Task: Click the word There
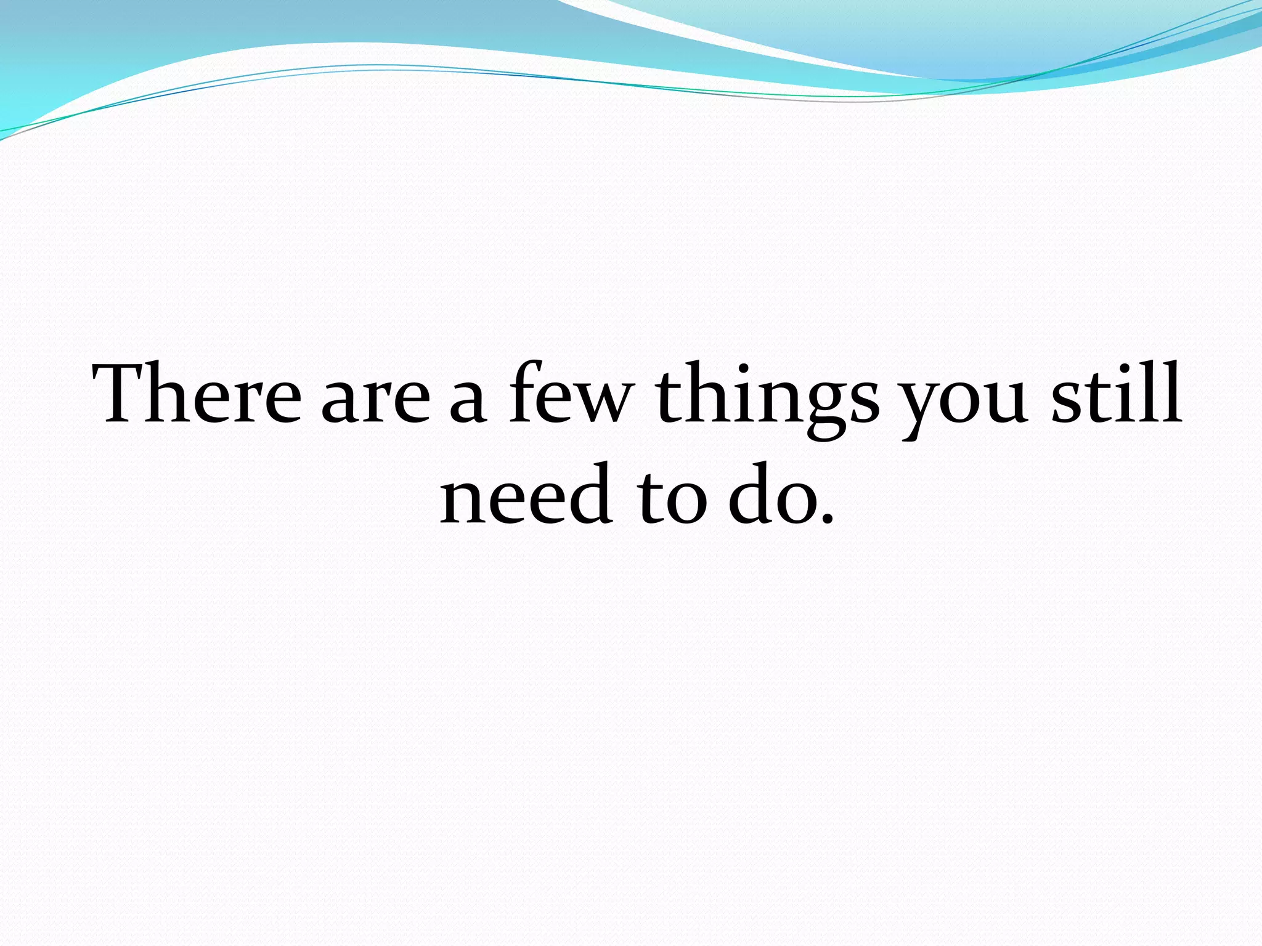[197, 394]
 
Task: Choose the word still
[1116, 394]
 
